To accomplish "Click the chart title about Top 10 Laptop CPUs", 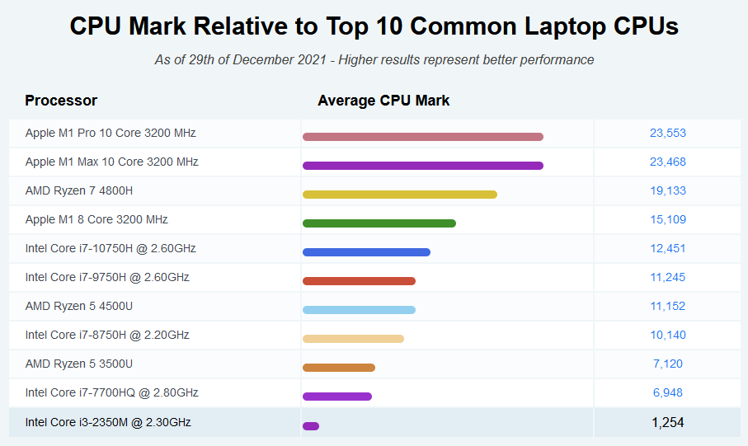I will [x=374, y=26].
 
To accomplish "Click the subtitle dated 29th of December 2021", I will [x=374, y=59].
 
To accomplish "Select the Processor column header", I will [x=61, y=101].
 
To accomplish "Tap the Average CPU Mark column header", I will [x=383, y=101].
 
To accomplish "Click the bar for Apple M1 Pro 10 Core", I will [x=422, y=137].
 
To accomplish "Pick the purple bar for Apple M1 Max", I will [x=422, y=166].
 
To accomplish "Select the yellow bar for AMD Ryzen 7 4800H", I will [x=399, y=195].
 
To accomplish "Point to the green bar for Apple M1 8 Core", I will [x=379, y=223].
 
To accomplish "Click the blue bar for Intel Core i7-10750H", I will [x=366, y=252].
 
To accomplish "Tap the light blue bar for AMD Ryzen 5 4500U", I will [x=359, y=310].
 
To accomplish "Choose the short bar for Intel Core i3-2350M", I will [x=311, y=426].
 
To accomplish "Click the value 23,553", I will [x=667, y=133].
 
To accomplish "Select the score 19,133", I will [x=667, y=190].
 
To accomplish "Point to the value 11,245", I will [x=667, y=277].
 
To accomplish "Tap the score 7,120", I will [x=667, y=364].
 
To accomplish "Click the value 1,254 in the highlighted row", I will [x=667, y=422].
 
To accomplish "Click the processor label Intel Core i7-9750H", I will [x=107, y=277].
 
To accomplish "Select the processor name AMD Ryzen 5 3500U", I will [x=79, y=364].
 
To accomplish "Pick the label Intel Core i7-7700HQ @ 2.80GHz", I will [x=111, y=392].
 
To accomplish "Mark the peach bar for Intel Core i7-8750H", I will [x=353, y=339].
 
